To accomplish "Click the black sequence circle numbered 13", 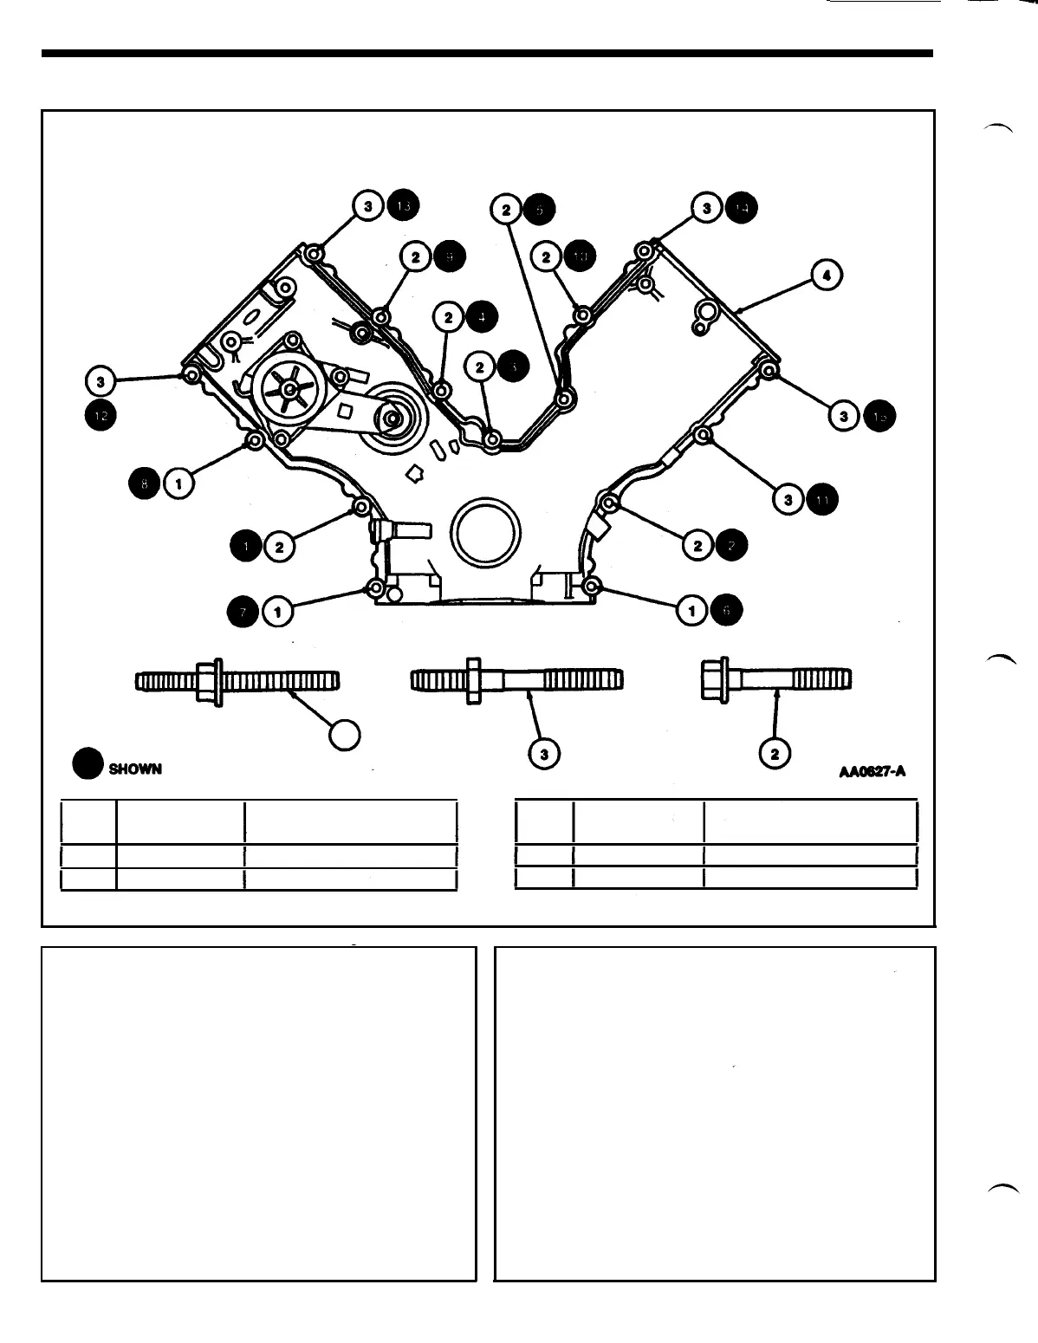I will (x=403, y=206).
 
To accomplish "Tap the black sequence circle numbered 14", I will (x=741, y=207).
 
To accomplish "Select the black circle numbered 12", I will (x=101, y=415).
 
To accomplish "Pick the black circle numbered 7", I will (x=243, y=612).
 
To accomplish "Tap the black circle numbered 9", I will (x=450, y=257).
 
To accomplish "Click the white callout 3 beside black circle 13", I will (x=369, y=206).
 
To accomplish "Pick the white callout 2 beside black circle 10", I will (x=547, y=257).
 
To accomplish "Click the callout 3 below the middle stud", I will (x=544, y=755).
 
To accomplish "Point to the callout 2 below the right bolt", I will (x=774, y=755).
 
